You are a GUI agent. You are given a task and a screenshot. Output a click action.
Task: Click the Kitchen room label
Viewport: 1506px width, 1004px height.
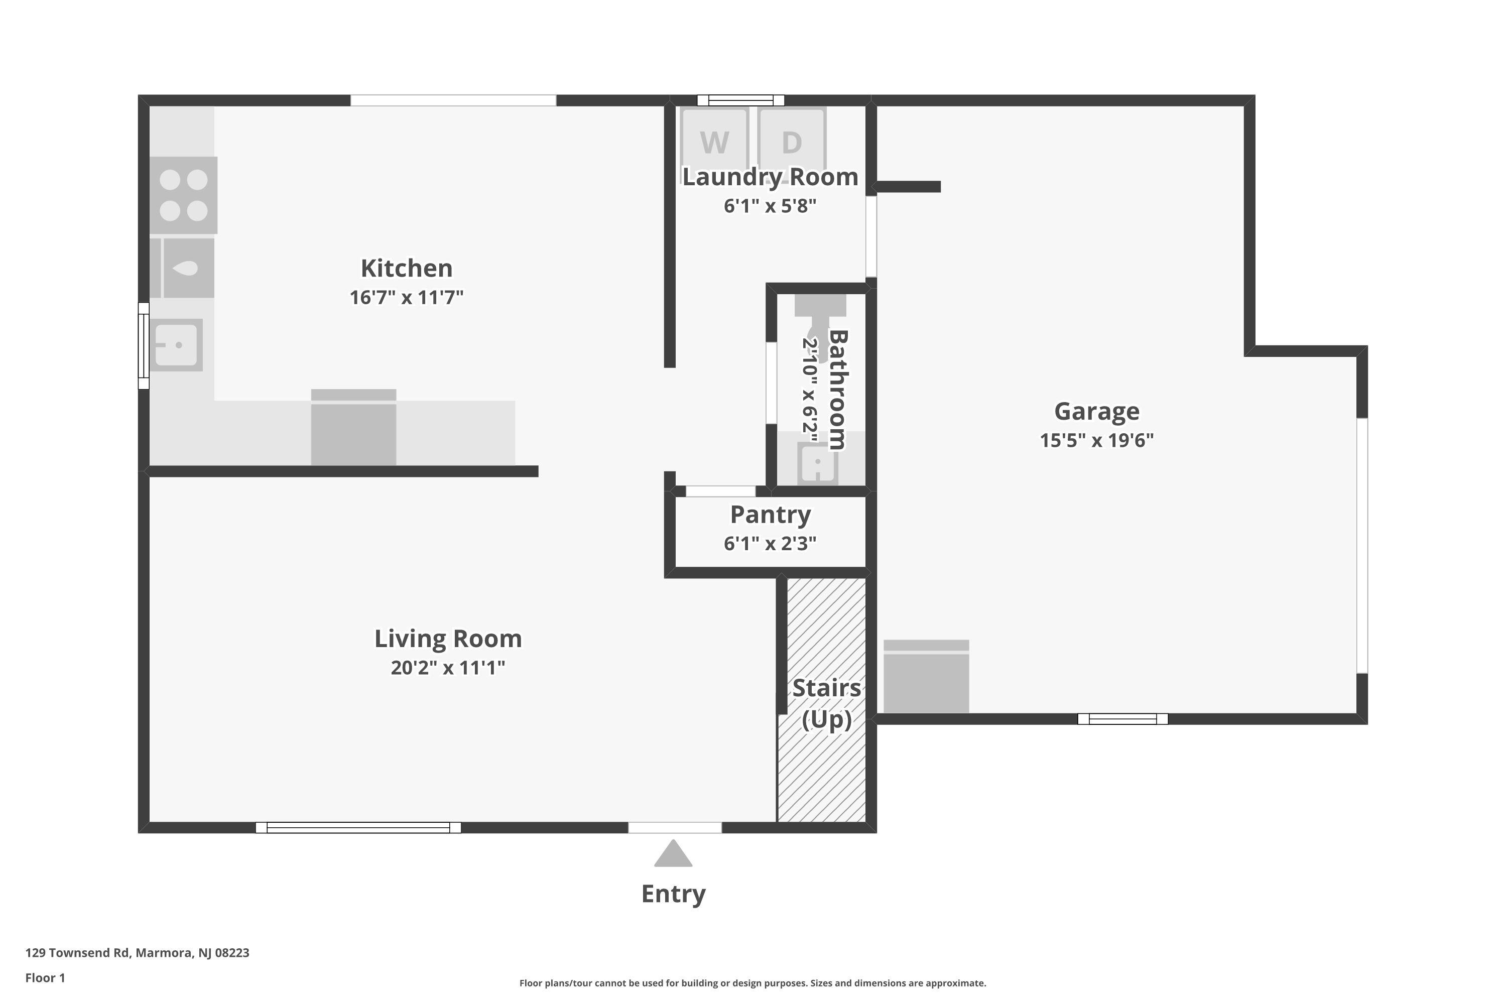(407, 268)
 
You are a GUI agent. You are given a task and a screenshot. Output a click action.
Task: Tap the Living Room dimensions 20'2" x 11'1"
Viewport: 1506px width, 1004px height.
(448, 668)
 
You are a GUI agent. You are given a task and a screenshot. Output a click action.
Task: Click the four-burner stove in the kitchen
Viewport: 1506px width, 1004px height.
(184, 195)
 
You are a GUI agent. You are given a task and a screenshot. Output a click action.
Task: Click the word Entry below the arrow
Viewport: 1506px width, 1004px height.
(674, 894)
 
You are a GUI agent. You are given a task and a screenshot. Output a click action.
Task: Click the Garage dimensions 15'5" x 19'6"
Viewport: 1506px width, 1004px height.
(1096, 441)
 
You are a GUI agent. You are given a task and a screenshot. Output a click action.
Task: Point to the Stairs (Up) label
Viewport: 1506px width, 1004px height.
(827, 704)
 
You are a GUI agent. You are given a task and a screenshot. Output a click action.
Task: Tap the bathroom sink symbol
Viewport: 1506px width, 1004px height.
(818, 463)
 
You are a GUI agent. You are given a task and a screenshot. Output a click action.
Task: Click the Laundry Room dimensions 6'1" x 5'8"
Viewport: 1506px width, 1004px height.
(770, 206)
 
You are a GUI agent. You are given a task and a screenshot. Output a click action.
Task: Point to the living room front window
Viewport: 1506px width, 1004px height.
(358, 827)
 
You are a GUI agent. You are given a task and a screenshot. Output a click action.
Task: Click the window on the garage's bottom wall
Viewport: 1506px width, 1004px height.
(1122, 719)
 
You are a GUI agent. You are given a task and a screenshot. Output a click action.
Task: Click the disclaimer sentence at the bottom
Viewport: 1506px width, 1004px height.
(752, 983)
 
